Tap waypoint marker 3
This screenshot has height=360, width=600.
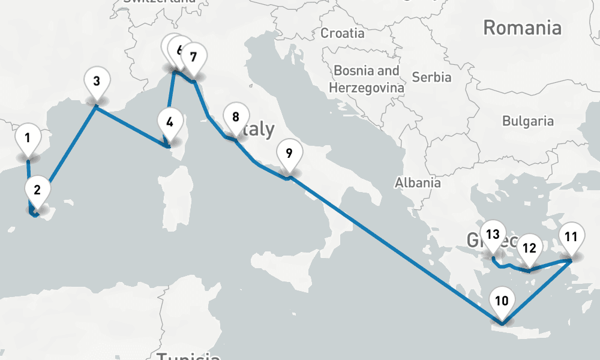(x=96, y=80)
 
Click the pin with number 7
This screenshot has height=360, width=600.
(x=193, y=58)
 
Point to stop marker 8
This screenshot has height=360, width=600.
(x=235, y=117)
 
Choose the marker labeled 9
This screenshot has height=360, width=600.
(x=289, y=153)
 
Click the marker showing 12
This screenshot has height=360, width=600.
(x=529, y=247)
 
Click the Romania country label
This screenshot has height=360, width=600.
(x=522, y=28)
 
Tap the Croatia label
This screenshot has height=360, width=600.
(x=343, y=33)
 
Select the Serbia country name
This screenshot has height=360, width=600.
(x=432, y=77)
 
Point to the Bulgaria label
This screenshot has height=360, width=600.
(x=528, y=121)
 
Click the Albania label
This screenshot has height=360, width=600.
(x=418, y=183)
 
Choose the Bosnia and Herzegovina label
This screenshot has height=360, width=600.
(x=367, y=79)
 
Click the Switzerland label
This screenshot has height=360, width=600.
(x=159, y=2)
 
